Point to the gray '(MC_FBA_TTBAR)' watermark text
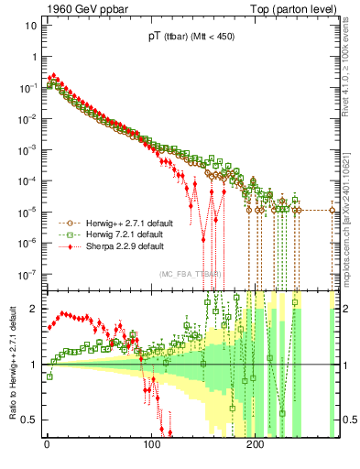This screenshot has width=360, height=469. coord(191,275)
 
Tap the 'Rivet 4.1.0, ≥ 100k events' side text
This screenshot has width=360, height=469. coord(350,70)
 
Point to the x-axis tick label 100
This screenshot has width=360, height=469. coord(150,443)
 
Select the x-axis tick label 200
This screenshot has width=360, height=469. coord(254,443)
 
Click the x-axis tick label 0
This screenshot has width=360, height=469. coord(47,443)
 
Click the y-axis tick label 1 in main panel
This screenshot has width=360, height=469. coord(33,55)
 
